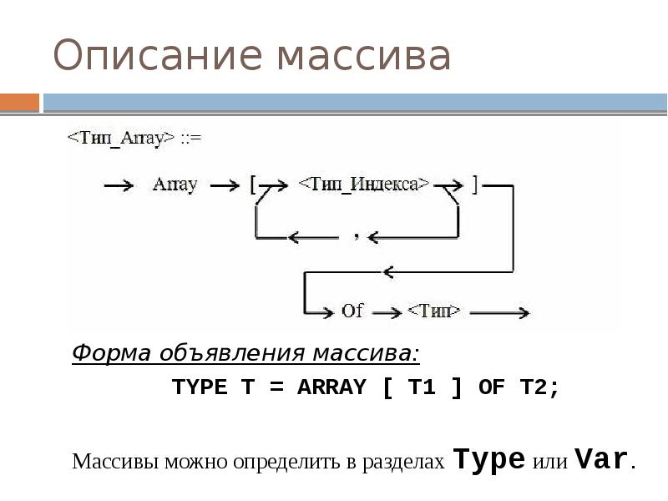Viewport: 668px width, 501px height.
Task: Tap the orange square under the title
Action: (19, 102)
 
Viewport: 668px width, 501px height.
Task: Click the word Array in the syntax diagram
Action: (174, 185)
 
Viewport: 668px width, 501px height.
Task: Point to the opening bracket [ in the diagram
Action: (253, 185)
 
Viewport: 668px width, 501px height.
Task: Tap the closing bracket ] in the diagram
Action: (474, 185)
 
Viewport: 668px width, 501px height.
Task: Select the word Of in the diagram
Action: (352, 311)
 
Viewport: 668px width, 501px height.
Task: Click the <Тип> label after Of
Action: (433, 311)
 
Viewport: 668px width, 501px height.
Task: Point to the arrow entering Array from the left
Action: (118, 185)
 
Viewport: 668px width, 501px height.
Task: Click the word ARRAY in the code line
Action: (331, 387)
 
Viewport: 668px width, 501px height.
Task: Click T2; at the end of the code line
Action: (539, 387)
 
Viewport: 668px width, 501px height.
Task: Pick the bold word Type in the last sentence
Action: (488, 459)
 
